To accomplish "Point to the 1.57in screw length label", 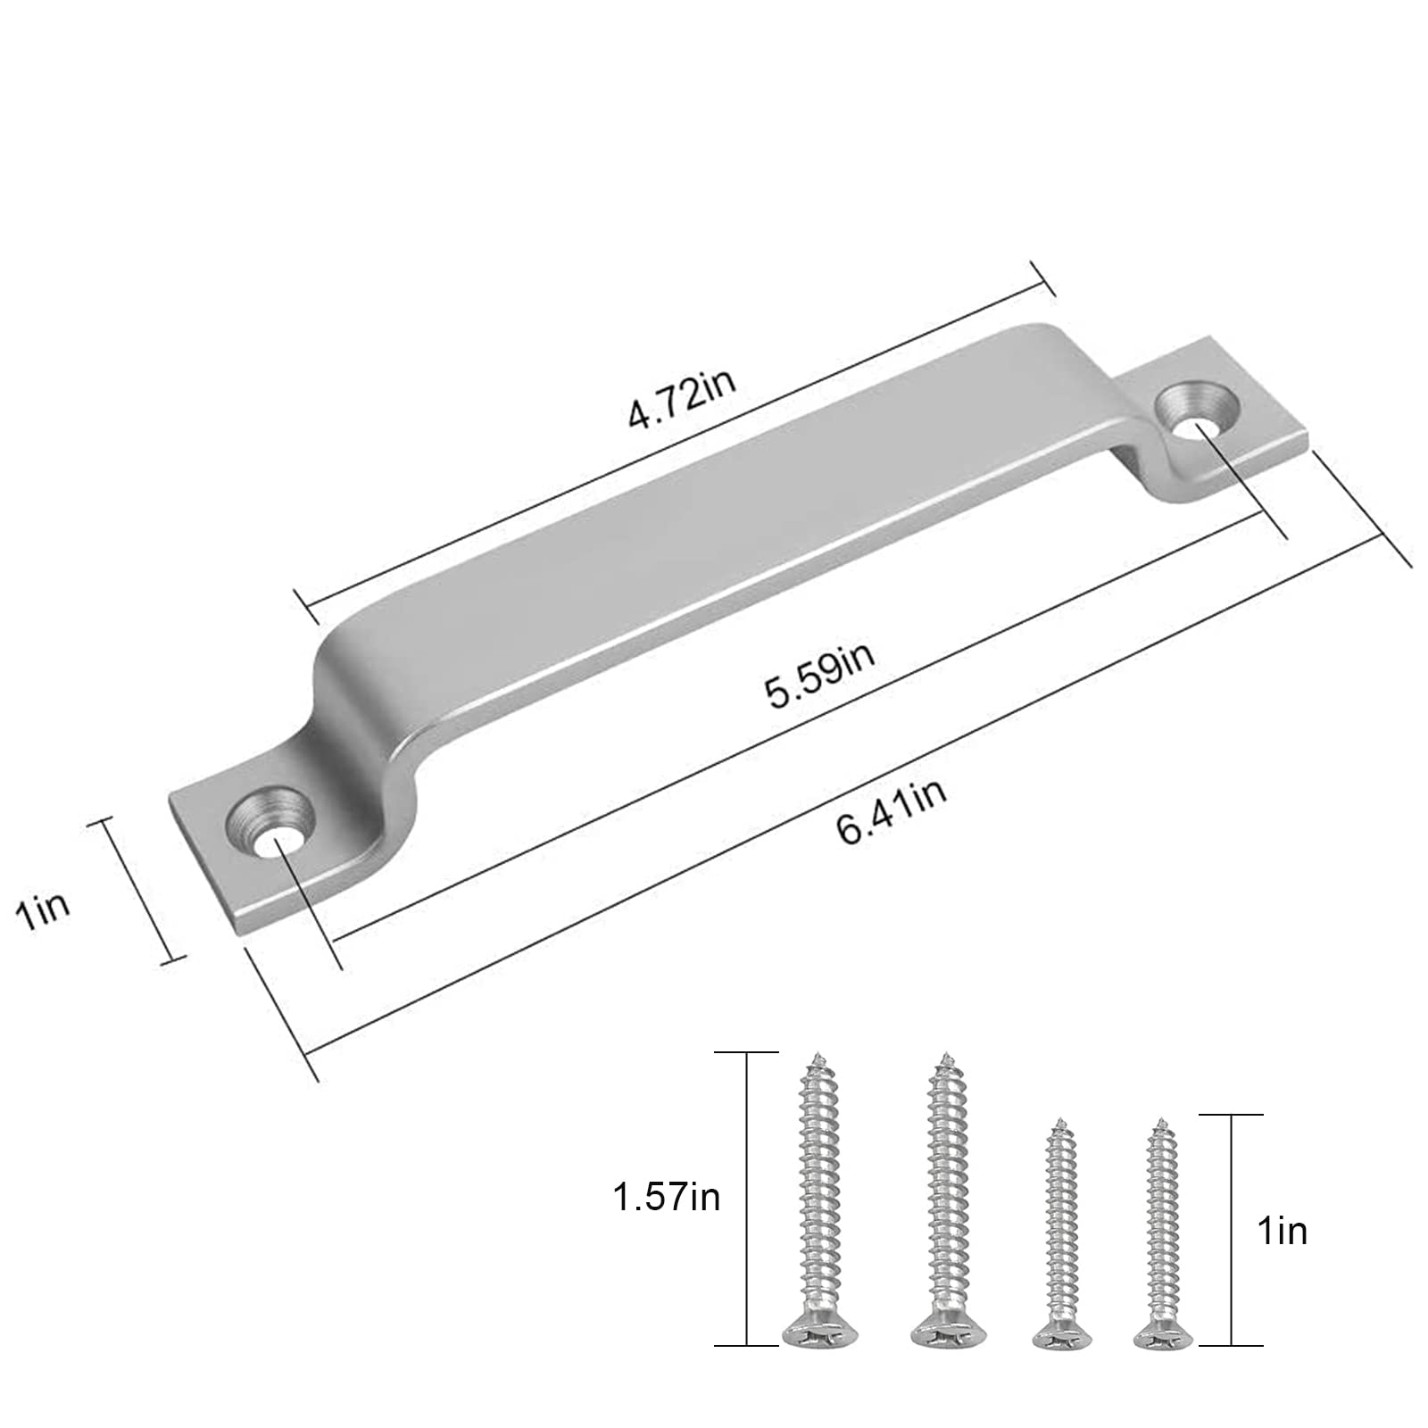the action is (666, 1197).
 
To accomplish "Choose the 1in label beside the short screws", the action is (1282, 1231).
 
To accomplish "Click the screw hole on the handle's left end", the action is (271, 818).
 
